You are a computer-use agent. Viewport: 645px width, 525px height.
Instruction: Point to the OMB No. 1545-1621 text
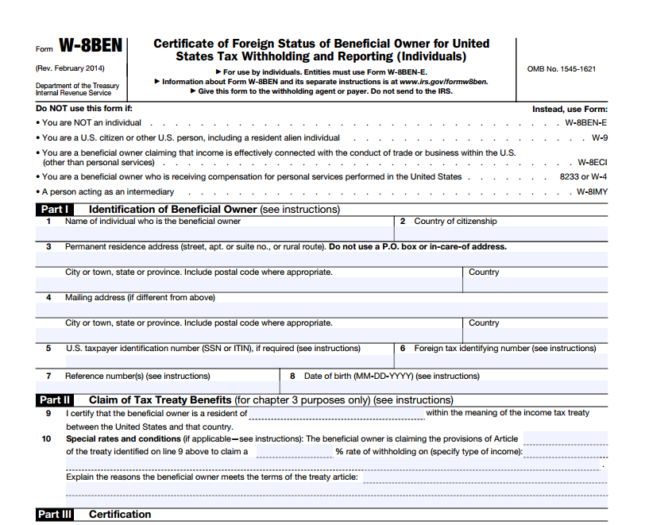[561, 69]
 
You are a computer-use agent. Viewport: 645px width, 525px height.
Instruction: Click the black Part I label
[55, 210]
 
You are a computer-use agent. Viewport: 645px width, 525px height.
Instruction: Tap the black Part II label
[56, 400]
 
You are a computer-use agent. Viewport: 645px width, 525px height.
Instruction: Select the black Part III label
[56, 515]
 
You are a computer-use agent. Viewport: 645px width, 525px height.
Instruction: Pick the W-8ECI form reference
[592, 162]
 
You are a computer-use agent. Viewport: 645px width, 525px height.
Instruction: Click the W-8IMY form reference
[592, 191]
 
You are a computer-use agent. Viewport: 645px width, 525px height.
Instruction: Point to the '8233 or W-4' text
[583, 176]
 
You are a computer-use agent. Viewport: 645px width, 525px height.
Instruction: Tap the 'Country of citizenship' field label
[455, 222]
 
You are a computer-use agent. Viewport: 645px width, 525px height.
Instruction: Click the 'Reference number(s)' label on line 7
[137, 376]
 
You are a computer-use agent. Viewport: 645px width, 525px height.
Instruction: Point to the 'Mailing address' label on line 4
[96, 298]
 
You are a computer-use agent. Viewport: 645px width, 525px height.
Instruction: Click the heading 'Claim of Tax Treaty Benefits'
[160, 400]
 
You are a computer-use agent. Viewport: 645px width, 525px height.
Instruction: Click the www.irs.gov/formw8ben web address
[443, 82]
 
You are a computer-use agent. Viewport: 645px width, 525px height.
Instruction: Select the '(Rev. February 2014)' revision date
[71, 68]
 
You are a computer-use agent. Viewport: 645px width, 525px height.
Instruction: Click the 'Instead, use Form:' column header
[569, 109]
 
